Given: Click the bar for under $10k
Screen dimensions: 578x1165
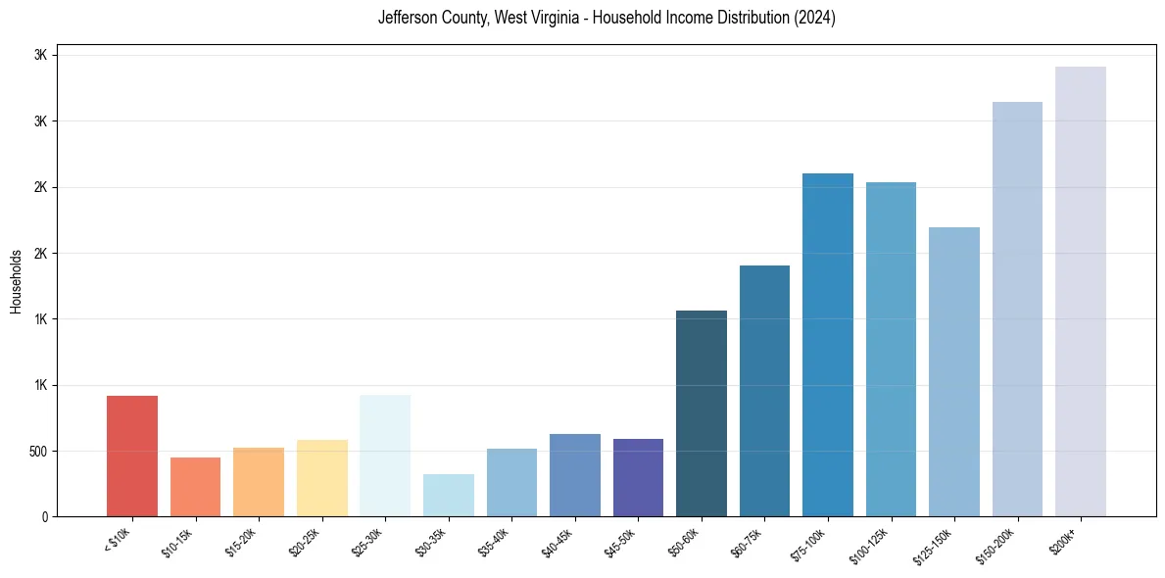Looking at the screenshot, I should point(132,456).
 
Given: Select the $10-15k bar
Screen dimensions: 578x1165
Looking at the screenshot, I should point(195,487).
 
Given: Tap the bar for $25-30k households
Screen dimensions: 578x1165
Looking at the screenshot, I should point(385,456).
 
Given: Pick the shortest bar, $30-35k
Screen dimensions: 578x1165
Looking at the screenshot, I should point(449,495).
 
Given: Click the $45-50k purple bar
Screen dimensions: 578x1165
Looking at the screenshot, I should point(638,477).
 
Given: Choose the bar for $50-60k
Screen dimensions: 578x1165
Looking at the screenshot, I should point(702,413).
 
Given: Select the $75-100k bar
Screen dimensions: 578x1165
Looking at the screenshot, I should point(828,345).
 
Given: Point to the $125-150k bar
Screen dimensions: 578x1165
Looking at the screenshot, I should point(954,371).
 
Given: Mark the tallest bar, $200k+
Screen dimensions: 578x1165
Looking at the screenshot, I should point(1081,291).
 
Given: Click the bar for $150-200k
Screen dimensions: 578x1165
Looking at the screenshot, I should point(1017,309).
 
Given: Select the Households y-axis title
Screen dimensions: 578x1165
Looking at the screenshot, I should point(16,281).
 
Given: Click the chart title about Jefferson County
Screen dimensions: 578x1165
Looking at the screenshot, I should point(607,18).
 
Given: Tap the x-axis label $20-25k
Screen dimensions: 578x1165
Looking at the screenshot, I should point(305,541).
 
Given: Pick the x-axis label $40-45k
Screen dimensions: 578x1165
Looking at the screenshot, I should point(558,541).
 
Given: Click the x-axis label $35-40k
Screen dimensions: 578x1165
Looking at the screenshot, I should point(495,541).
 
